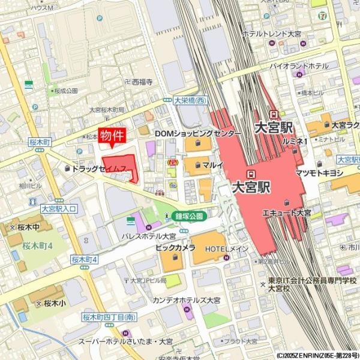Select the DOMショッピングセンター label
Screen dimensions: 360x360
[x=198, y=132]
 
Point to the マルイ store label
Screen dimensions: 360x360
[x=213, y=164]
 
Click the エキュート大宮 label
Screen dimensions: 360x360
[x=286, y=213]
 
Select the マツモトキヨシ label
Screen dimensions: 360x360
[x=319, y=173]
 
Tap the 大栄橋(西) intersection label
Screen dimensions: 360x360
[x=189, y=100]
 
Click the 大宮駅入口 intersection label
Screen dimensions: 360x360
[x=59, y=208]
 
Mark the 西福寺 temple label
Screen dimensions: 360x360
[x=142, y=81]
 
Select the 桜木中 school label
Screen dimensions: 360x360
[x=27, y=227]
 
